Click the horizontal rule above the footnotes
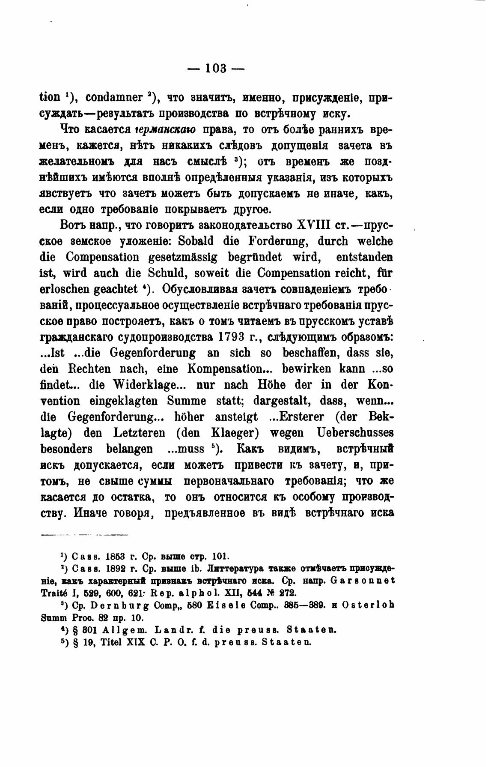(x=84, y=535)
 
